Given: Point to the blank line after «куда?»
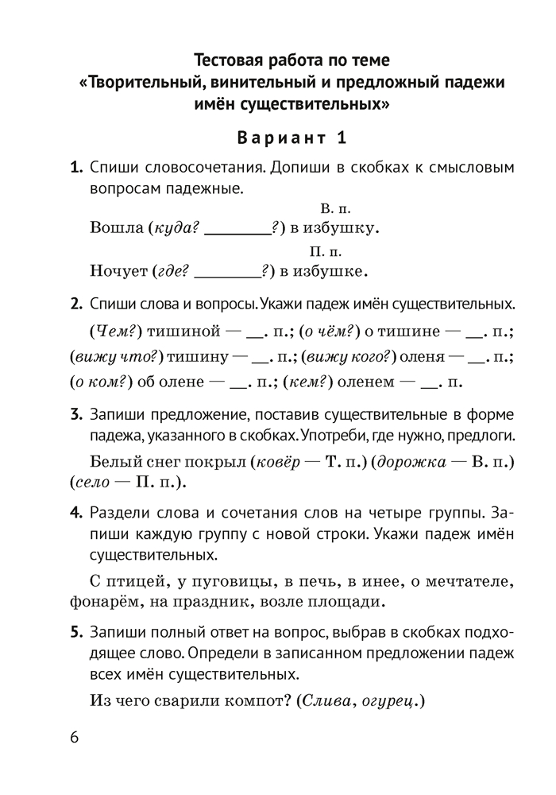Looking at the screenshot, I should pyautogui.click(x=237, y=233).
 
